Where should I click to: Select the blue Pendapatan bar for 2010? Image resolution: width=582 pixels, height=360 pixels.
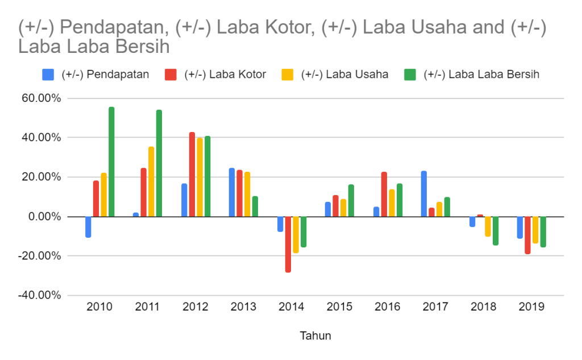click(x=88, y=226)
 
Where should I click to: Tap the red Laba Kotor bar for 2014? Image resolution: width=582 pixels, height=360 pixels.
click(x=288, y=244)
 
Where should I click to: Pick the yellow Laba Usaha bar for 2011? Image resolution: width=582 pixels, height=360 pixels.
click(x=151, y=181)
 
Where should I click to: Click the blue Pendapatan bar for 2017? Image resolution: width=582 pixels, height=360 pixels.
click(x=424, y=194)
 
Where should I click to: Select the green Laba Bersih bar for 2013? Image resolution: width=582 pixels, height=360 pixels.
click(x=255, y=206)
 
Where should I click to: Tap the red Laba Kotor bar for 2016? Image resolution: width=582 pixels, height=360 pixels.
click(x=384, y=194)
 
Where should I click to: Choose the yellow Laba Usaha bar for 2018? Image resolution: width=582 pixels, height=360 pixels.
click(x=488, y=226)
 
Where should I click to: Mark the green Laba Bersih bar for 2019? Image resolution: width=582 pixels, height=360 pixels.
click(x=543, y=231)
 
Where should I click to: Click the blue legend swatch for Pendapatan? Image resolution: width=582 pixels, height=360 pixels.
click(x=48, y=75)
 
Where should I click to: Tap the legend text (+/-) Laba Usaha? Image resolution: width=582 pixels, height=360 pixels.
click(x=344, y=75)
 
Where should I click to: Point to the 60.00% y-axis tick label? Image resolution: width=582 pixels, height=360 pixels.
click(x=40, y=98)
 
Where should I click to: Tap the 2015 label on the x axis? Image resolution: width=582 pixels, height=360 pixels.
click(x=339, y=307)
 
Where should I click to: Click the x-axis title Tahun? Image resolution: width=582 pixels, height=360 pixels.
click(x=315, y=336)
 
